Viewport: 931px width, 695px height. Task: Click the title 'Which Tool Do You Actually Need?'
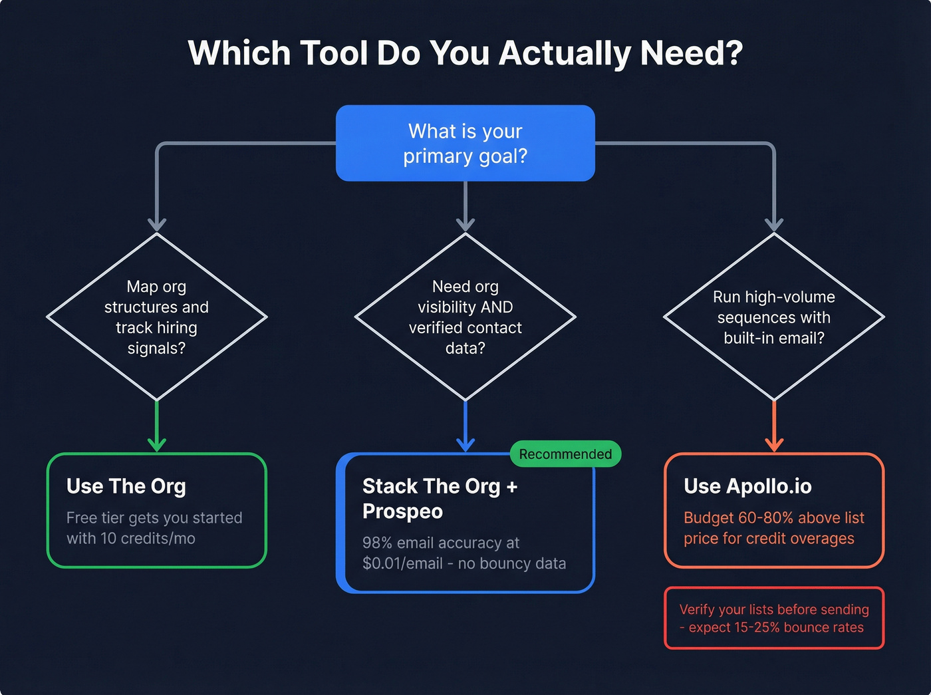[465, 53]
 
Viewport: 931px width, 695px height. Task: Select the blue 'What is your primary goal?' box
[465, 143]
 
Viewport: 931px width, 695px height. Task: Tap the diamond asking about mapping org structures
[156, 317]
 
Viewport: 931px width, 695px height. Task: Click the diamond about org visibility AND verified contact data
[465, 317]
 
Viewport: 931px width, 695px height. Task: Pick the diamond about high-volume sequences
[773, 317]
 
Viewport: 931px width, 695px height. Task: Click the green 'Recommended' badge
[565, 454]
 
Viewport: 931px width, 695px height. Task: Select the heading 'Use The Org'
[126, 486]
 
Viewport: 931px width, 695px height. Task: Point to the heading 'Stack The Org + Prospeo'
[440, 499]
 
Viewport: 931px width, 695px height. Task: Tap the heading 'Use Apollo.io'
[747, 486]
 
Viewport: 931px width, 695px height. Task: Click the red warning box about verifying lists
[774, 618]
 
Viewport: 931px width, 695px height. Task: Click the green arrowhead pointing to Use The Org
[157, 444]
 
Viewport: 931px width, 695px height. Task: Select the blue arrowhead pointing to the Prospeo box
[465, 444]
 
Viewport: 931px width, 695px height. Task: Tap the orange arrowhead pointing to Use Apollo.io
[774, 444]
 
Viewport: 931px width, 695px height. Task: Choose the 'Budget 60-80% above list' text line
[774, 518]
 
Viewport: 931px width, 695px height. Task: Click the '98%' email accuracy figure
[377, 543]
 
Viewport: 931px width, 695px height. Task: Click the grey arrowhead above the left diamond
[157, 224]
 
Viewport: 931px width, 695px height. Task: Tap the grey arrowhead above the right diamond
[774, 224]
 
